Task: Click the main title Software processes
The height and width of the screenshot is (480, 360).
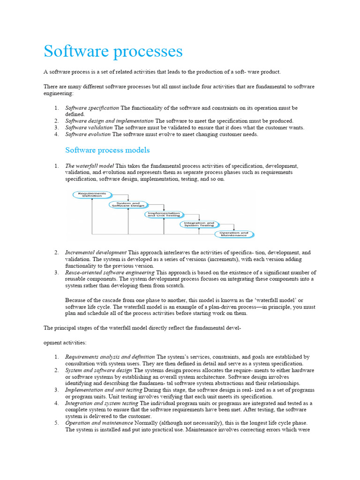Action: [x=113, y=51]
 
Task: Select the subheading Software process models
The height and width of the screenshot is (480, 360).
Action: [x=107, y=150]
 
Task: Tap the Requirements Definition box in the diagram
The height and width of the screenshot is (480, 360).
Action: [x=92, y=194]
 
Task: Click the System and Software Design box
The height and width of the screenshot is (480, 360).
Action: [x=128, y=204]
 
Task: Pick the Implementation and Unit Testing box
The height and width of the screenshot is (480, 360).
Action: [x=163, y=214]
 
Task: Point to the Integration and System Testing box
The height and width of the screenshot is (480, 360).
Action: [x=198, y=224]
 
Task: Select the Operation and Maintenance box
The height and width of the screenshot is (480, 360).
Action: [x=234, y=234]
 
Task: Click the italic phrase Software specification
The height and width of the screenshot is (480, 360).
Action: [x=92, y=108]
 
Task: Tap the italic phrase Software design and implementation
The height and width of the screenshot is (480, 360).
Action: [x=109, y=121]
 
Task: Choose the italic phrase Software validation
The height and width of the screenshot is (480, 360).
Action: [x=89, y=127]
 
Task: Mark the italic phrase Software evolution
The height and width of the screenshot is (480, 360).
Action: [x=88, y=134]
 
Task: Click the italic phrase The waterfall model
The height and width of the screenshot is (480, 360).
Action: [x=89, y=166]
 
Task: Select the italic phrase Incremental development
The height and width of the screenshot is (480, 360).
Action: [x=96, y=252]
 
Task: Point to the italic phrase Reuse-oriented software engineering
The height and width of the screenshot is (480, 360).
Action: [x=110, y=272]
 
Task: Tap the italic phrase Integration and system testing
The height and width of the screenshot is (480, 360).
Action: [x=102, y=403]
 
